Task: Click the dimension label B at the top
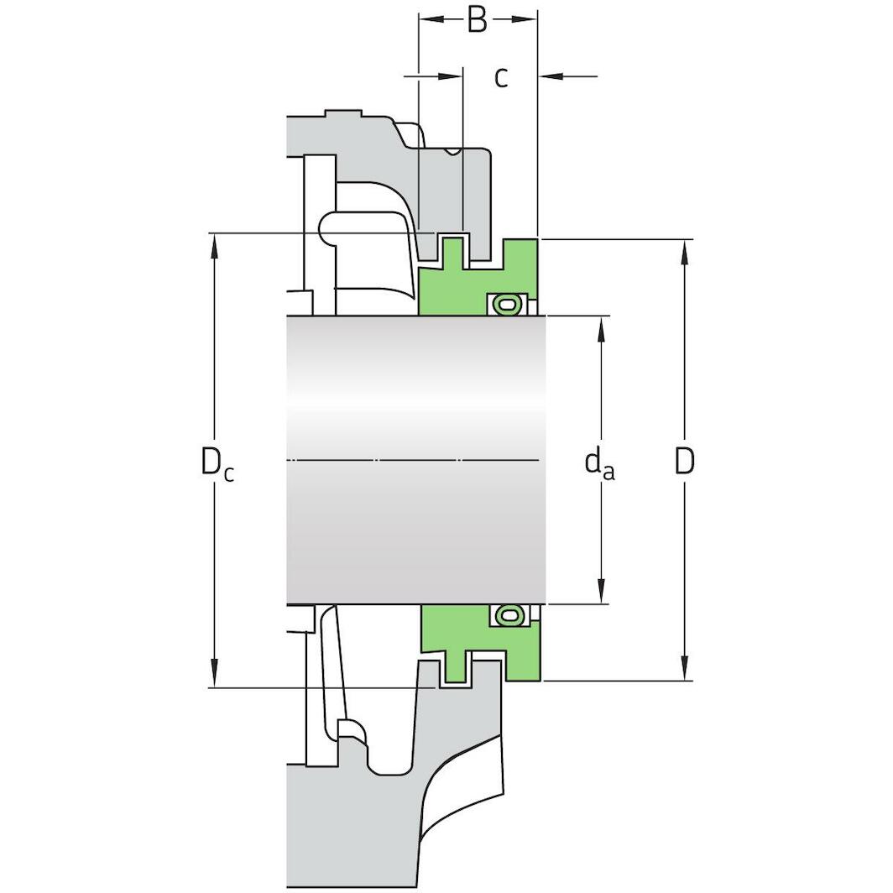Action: point(477,20)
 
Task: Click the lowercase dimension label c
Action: point(501,77)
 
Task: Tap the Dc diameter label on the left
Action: point(217,462)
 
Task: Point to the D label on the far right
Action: point(685,461)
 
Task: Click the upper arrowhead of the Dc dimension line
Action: point(215,246)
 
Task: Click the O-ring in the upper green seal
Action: point(504,304)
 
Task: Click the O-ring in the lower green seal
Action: point(504,616)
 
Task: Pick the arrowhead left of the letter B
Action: point(429,18)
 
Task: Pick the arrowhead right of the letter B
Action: point(526,18)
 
